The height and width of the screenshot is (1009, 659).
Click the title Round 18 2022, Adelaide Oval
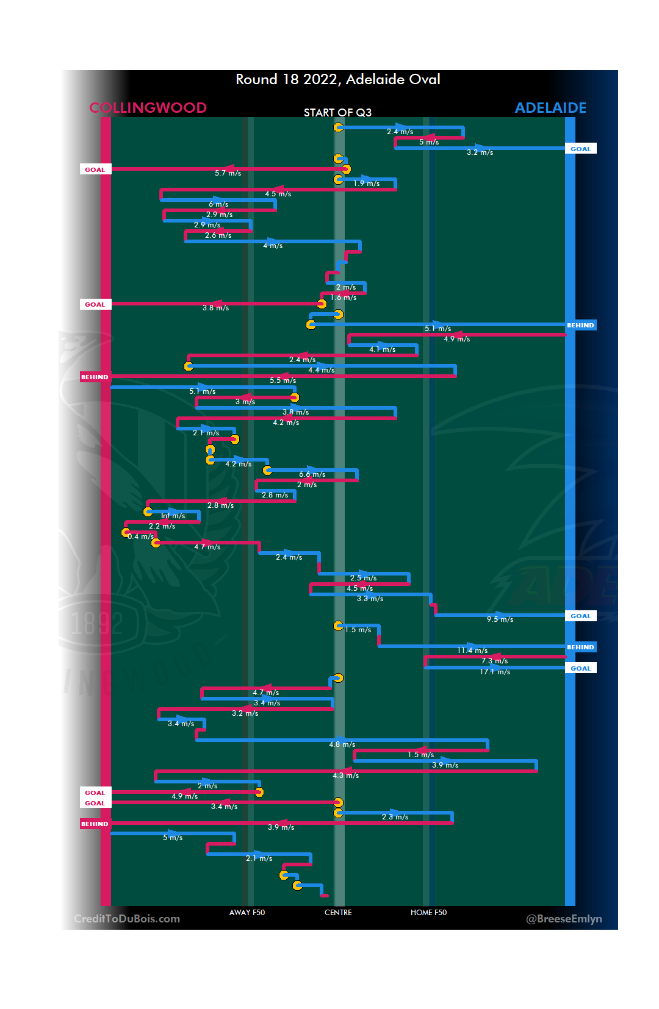(x=337, y=79)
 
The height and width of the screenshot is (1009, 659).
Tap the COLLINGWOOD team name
(x=148, y=108)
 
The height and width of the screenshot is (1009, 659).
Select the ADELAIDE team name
(x=550, y=108)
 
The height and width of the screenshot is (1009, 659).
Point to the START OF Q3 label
(x=337, y=113)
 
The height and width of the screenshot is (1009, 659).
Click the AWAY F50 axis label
(x=247, y=913)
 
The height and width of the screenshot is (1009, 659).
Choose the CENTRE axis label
(x=338, y=913)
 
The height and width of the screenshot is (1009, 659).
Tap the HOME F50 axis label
(x=428, y=913)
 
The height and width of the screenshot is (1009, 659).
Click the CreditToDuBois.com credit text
(x=127, y=919)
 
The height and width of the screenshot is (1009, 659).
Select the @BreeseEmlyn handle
(x=564, y=919)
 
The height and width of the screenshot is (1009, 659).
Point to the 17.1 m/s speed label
(x=495, y=672)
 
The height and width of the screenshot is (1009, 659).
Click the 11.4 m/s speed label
(x=472, y=651)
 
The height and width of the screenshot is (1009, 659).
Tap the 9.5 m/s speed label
(x=500, y=619)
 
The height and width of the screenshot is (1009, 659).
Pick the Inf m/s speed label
(x=173, y=516)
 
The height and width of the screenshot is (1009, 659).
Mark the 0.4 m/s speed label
(x=140, y=537)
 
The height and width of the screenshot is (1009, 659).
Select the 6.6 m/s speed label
(x=312, y=474)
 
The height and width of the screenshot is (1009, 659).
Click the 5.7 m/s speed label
(x=228, y=173)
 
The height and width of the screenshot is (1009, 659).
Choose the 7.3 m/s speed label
(x=494, y=661)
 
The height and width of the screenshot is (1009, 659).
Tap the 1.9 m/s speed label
(x=366, y=184)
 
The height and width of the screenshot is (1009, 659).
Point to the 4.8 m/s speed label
(x=342, y=744)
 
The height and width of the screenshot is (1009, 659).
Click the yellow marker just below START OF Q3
(x=338, y=127)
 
